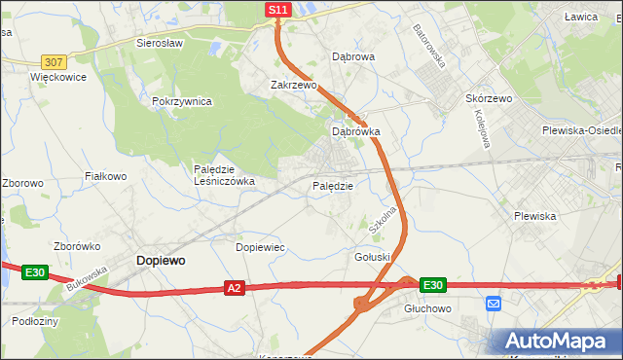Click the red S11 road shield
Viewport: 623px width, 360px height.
[278, 10]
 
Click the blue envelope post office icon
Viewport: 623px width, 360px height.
[493, 304]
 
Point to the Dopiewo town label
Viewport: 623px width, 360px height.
[161, 261]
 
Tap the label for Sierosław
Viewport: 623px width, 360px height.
[161, 44]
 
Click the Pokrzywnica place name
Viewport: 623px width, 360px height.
[182, 101]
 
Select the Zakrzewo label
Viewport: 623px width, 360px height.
[294, 85]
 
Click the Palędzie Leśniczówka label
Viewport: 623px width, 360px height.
[224, 174]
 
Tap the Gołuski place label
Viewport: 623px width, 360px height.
[373, 256]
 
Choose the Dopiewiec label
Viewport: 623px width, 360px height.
[260, 247]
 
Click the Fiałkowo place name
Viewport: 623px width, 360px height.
[106, 176]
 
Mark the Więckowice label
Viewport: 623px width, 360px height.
[58, 77]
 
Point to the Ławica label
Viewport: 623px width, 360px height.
[581, 18]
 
